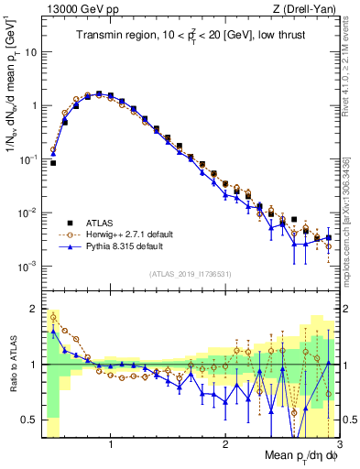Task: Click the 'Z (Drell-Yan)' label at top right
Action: (308, 8)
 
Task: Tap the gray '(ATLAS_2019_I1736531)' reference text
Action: (191, 274)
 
